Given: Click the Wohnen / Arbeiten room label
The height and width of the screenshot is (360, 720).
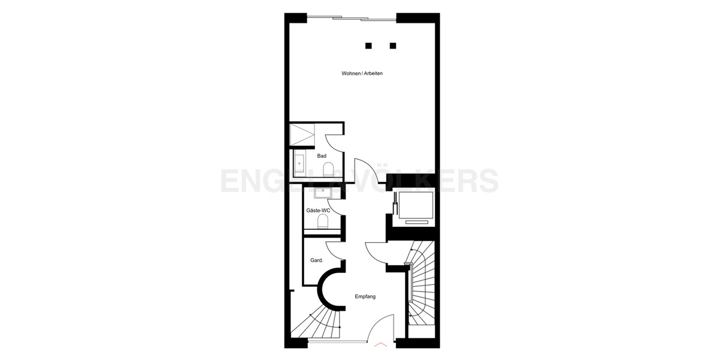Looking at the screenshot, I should point(362,73).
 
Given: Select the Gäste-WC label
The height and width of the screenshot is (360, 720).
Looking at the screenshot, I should point(318,211).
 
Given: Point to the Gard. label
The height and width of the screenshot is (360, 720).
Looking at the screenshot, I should point(317,260).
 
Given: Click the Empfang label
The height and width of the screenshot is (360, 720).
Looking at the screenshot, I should point(365,296).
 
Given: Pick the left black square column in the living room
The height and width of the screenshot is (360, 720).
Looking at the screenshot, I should point(368,45).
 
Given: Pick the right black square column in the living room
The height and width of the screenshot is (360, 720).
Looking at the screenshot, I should point(393,45).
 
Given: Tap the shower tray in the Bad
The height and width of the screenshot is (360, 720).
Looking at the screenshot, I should point(302,136).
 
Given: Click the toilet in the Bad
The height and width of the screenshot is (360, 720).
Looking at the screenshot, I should point(328,170).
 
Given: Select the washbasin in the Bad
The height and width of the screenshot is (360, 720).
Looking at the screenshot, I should point(299,163).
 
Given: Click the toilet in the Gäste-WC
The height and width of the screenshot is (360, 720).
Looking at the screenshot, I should point(323,223).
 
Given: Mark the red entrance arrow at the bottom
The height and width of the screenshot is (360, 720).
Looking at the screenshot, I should point(380,345).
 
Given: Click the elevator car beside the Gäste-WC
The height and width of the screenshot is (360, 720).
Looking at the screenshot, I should point(413,206).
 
